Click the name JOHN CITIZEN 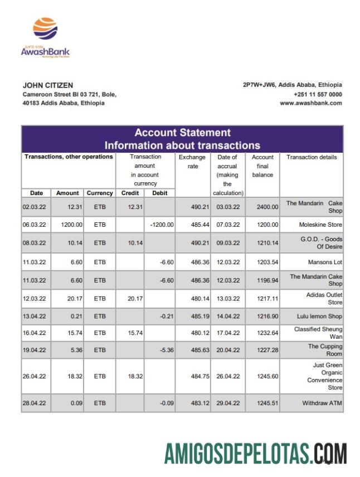coord(47,85)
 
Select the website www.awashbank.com coord(310,103)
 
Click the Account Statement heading coord(182,133)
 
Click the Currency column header coord(100,193)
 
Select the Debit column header coord(160,193)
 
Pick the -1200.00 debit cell coord(162,225)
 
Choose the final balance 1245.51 coord(267,403)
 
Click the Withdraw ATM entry coord(322,403)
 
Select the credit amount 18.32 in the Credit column coord(135,376)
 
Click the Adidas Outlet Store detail coord(324,298)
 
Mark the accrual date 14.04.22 coord(228,316)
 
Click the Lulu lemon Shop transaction coord(319,316)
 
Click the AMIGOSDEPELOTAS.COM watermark coord(255,453)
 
